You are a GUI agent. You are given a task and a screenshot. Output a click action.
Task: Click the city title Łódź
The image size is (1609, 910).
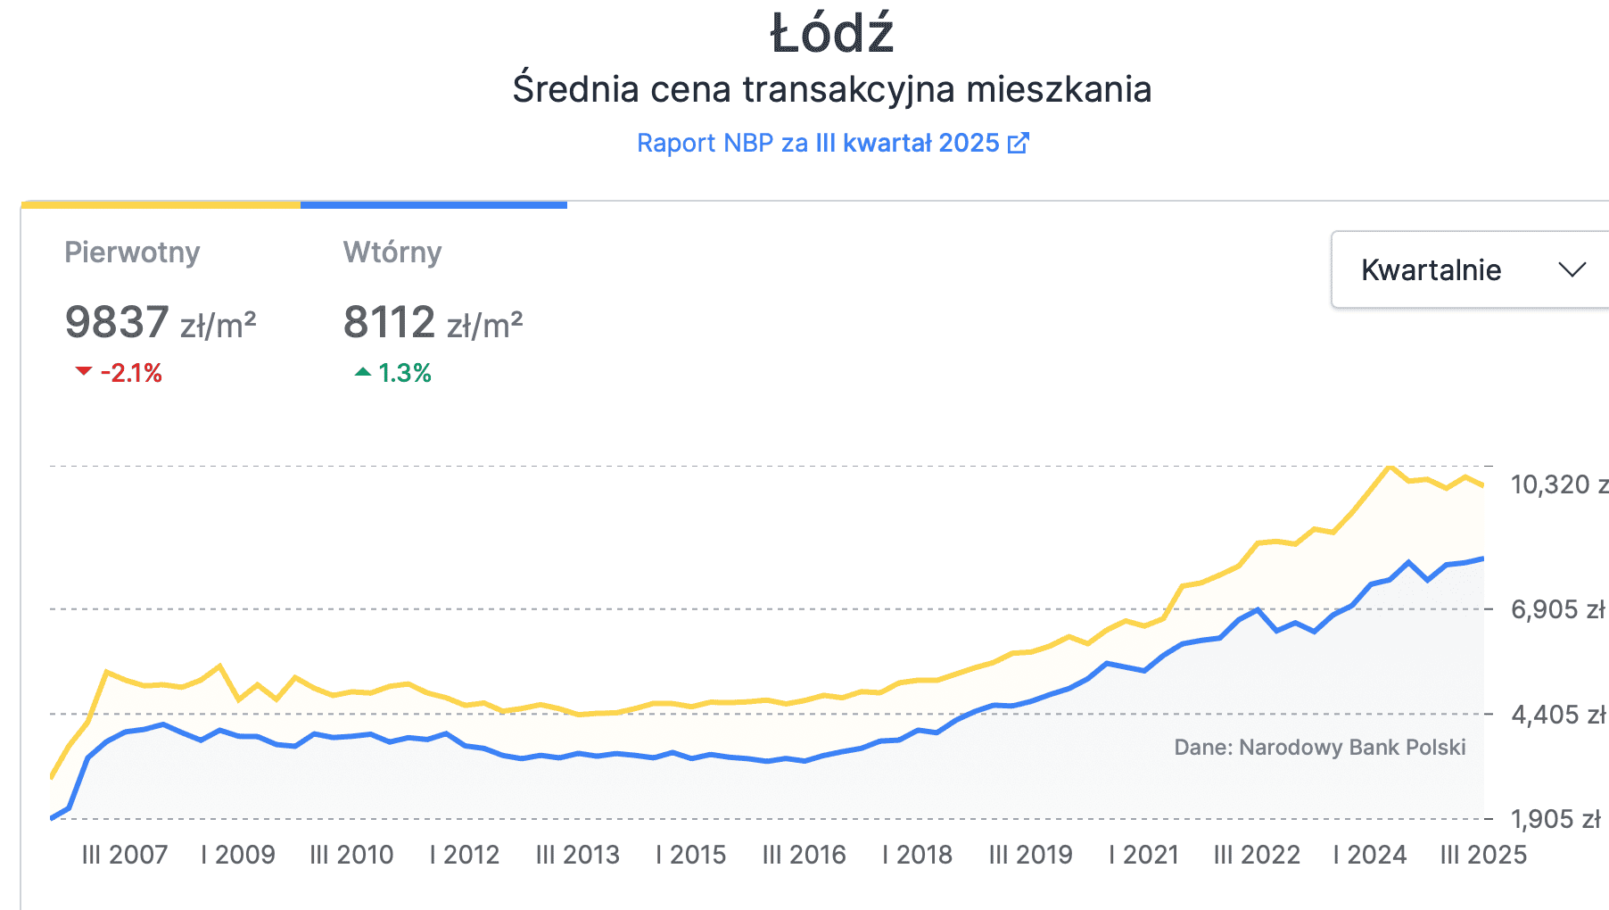[831, 34]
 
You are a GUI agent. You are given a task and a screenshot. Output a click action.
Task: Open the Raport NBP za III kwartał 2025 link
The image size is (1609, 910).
[818, 143]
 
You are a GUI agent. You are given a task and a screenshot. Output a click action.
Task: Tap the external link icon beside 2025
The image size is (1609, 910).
[1018, 143]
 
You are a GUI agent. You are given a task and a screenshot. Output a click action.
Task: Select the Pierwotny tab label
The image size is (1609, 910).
[132, 252]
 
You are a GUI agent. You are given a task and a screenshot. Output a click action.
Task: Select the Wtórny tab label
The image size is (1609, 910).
[392, 252]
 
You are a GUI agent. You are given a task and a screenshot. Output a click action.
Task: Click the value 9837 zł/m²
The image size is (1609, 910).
[161, 323]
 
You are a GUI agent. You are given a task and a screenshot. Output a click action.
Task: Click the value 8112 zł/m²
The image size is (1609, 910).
[433, 323]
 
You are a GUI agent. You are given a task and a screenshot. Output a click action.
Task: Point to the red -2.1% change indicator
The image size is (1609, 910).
[120, 373]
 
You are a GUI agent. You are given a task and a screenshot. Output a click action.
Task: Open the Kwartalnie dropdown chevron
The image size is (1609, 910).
[1572, 269]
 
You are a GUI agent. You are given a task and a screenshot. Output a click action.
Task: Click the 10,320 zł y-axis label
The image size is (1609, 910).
[1557, 484]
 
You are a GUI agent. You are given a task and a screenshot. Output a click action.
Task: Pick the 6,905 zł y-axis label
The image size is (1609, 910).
[1557, 609]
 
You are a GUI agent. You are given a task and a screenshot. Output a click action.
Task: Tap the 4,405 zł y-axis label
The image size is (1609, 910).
[1557, 715]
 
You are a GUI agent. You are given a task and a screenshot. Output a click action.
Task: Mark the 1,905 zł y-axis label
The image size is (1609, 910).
[1555, 819]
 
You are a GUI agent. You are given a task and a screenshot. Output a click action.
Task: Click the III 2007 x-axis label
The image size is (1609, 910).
[125, 855]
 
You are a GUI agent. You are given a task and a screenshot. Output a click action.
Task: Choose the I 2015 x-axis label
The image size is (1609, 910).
[691, 855]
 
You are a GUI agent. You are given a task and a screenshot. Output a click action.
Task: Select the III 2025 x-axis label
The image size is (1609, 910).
[1483, 855]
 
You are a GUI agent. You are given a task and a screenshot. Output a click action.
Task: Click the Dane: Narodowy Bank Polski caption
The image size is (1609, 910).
[1319, 747]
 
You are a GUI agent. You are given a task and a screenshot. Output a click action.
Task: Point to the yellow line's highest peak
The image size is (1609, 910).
[1390, 467]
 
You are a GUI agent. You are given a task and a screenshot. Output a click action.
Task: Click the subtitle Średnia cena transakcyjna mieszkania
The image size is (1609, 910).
[831, 89]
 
